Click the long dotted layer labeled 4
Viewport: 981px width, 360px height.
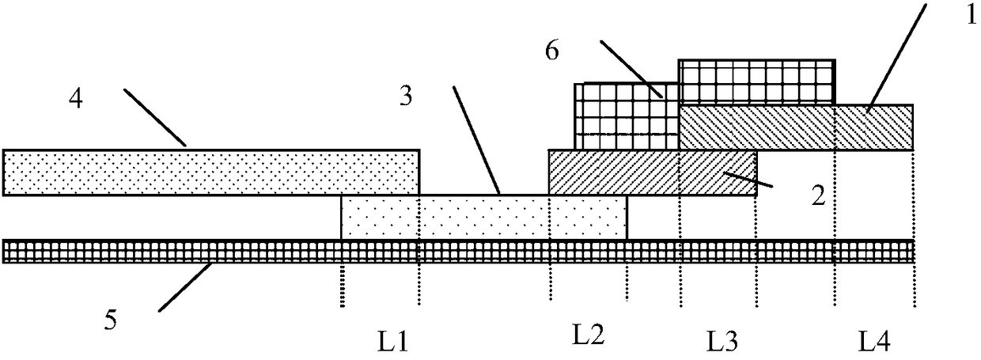(x=210, y=172)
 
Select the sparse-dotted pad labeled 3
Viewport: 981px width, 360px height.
(x=483, y=218)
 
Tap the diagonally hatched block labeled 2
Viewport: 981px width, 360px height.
(x=652, y=174)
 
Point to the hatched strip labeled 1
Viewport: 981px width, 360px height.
(x=796, y=127)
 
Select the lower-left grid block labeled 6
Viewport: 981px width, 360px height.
(x=626, y=116)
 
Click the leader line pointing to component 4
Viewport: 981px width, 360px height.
(x=155, y=117)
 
